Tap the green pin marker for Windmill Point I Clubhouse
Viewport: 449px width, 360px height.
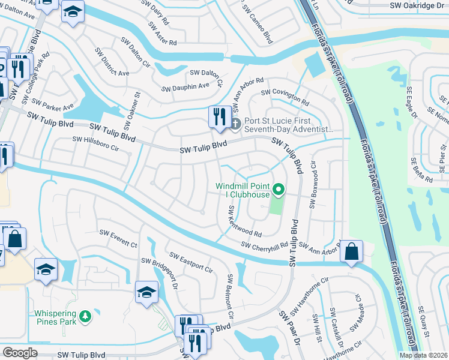click(x=278, y=190)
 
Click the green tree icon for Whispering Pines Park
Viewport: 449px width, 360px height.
click(x=85, y=316)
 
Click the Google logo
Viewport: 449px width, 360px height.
click(x=20, y=353)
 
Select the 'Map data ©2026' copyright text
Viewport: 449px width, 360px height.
click(x=423, y=355)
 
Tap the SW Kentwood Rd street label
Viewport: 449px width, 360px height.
click(x=244, y=221)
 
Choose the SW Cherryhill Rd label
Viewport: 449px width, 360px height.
click(x=265, y=245)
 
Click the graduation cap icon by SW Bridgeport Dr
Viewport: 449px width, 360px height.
click(x=146, y=292)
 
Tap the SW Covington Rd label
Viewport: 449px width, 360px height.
click(x=284, y=97)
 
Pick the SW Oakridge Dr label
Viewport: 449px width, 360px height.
click(x=420, y=4)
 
